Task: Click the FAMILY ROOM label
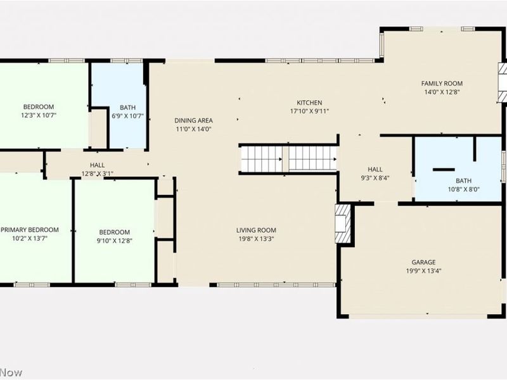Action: point(442,84)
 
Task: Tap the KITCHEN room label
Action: point(309,103)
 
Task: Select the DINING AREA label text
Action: point(194,120)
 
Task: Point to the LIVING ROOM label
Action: point(256,231)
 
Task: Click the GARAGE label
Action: point(423,262)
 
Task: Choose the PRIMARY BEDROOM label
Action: point(30,230)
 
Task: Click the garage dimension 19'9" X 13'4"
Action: point(423,271)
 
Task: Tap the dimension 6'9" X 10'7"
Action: point(128,116)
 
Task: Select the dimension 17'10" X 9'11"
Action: point(309,111)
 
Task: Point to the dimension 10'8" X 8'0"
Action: point(464,189)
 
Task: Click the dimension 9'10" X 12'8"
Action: point(115,241)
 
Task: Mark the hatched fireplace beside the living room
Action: point(343,224)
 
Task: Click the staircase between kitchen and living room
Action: point(288,159)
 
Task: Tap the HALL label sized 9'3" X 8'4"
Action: point(375,169)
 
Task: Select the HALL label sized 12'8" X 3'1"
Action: point(98,165)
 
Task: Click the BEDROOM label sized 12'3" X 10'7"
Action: point(39,107)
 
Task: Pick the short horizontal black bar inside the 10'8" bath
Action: point(444,170)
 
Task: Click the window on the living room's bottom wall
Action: point(276,284)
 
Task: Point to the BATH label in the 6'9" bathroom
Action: point(128,108)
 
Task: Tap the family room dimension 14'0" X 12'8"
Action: point(442,92)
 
